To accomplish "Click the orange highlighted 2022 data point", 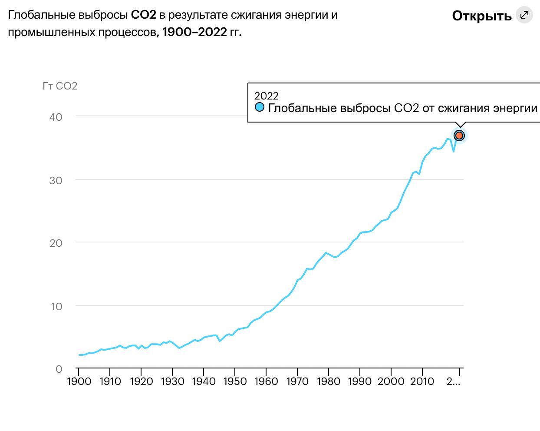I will click(x=459, y=136).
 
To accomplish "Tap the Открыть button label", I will click(x=482, y=16).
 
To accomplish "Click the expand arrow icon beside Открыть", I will click(x=524, y=15).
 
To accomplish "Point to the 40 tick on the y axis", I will click(x=56, y=117).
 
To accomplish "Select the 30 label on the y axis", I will click(x=56, y=180).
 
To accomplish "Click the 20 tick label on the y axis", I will click(x=56, y=243).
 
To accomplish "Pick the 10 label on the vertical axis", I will click(x=56, y=306).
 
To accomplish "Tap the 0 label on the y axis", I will click(x=59, y=369).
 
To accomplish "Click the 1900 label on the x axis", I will click(x=79, y=381).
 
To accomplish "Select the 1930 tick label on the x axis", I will click(x=172, y=381).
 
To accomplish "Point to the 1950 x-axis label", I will click(x=235, y=381).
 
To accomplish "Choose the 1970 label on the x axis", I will click(x=297, y=381).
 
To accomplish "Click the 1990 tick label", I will click(x=360, y=381).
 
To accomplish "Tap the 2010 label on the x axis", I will click(x=422, y=381).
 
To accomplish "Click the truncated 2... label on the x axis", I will click(x=453, y=381).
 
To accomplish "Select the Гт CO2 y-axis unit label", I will click(x=60, y=86).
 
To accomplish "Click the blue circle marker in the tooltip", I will click(x=260, y=107).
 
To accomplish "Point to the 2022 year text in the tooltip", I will click(x=266, y=96).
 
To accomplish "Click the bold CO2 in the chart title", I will click(x=143, y=15).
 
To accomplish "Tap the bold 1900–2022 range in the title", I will click(x=194, y=32).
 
